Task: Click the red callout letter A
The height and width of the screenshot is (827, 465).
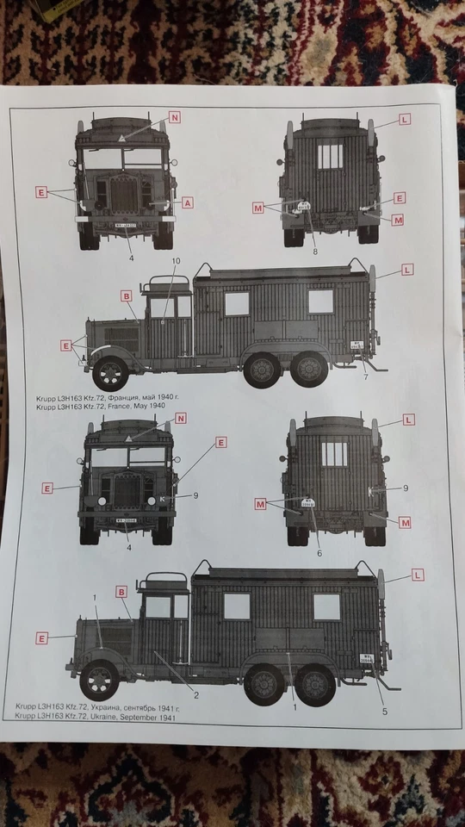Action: pyautogui.click(x=188, y=202)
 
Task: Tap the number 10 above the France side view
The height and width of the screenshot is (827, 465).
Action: pyautogui.click(x=177, y=260)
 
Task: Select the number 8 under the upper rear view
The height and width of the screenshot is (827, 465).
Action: pyautogui.click(x=315, y=252)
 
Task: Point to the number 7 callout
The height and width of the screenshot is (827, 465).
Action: pyautogui.click(x=366, y=377)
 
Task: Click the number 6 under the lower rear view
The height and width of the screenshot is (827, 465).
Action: pyautogui.click(x=319, y=552)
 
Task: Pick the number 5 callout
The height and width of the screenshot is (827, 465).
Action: pyautogui.click(x=385, y=712)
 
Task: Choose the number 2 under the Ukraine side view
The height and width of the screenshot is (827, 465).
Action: pyautogui.click(x=196, y=695)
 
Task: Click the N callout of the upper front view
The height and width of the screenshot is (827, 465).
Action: pyautogui.click(x=175, y=117)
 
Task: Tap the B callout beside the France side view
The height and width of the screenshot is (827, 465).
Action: pyautogui.click(x=127, y=295)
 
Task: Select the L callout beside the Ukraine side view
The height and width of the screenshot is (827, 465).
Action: pyautogui.click(x=418, y=575)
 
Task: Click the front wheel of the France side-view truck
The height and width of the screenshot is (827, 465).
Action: pyautogui.click(x=111, y=372)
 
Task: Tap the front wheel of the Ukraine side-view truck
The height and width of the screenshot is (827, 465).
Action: pyautogui.click(x=99, y=681)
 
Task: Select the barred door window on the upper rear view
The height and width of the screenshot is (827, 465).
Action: pyautogui.click(x=330, y=156)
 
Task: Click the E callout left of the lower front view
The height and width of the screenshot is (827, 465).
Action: pyautogui.click(x=48, y=488)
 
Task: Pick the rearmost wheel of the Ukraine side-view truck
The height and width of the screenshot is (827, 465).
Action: pyautogui.click(x=316, y=685)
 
